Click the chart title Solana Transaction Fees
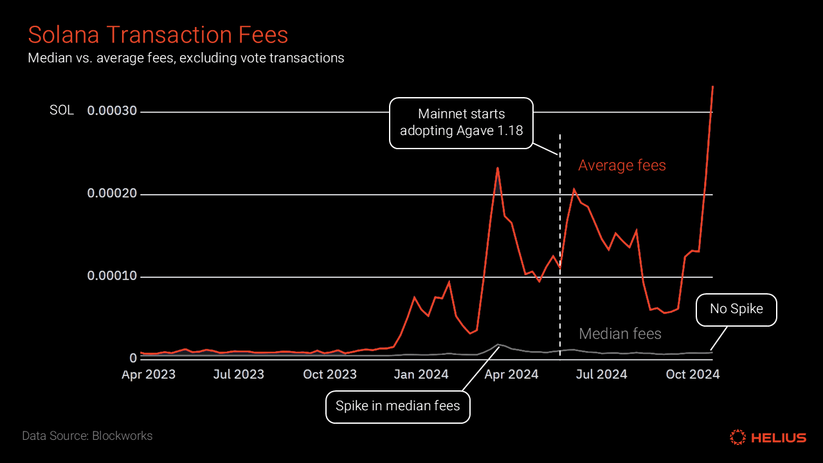(x=158, y=35)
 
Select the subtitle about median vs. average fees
(x=186, y=58)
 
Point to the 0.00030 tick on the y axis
(x=112, y=111)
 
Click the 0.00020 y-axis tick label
(x=112, y=194)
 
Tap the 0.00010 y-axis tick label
(x=112, y=277)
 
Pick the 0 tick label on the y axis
(x=133, y=358)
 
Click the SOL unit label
(x=62, y=111)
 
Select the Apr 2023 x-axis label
(x=149, y=374)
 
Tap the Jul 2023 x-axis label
(x=239, y=374)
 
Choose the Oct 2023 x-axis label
(x=330, y=374)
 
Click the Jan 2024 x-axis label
(x=421, y=374)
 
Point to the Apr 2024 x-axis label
(x=511, y=374)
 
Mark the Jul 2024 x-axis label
(x=601, y=374)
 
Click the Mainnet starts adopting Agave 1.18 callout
(x=461, y=122)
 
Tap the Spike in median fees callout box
(x=397, y=406)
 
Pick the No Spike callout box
(x=736, y=309)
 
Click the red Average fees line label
(x=622, y=166)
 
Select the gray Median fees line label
(x=620, y=334)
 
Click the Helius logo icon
(x=737, y=437)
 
